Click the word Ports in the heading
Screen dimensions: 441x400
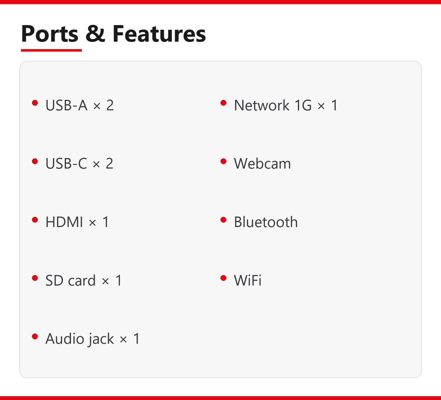(50, 34)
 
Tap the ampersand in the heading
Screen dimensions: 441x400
(95, 34)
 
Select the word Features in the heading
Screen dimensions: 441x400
(159, 34)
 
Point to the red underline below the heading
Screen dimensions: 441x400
(51, 50)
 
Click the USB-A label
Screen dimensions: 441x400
(67, 106)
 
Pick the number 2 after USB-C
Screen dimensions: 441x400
(109, 163)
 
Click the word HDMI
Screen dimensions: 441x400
(64, 222)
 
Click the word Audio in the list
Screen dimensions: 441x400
(65, 339)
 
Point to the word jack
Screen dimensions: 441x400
(101, 339)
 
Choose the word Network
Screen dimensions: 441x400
(262, 106)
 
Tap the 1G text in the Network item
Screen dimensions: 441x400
(303, 106)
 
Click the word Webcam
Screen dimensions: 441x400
(262, 164)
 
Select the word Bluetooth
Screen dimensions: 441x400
(266, 222)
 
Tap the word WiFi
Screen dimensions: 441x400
(248, 280)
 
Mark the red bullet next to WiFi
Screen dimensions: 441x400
(224, 278)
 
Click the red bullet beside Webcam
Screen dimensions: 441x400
(224, 161)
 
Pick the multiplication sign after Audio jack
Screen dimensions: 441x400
(123, 340)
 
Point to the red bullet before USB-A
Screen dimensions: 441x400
(35, 103)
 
